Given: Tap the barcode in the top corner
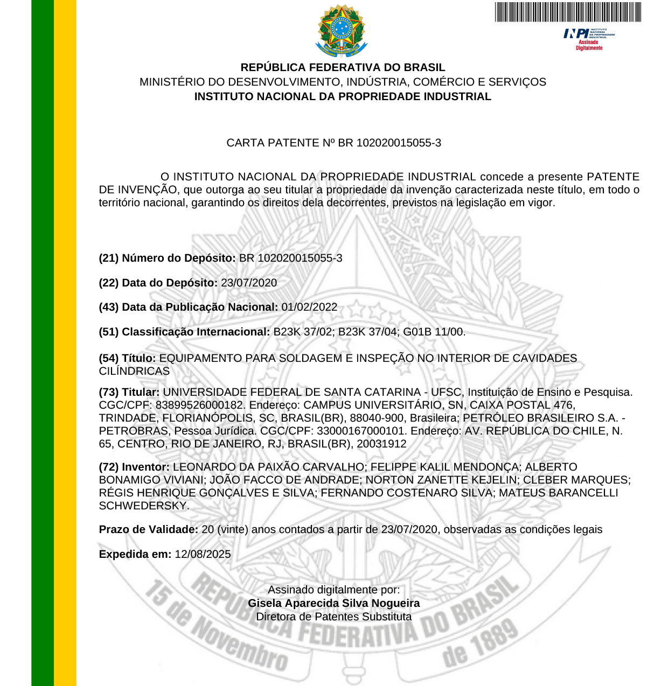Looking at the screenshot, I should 568,12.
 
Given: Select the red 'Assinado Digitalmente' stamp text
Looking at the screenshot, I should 589,45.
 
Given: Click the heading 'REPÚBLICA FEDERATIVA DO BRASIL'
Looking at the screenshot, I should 343,67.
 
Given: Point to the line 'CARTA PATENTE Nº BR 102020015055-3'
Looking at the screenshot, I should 333,143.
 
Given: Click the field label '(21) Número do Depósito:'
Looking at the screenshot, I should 167,258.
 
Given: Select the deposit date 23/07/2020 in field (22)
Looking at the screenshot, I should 249,283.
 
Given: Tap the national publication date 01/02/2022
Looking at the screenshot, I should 309,307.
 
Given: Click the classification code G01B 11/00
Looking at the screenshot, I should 434,332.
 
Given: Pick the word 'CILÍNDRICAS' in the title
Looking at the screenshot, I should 134,371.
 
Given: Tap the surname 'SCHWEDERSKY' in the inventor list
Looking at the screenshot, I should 143,506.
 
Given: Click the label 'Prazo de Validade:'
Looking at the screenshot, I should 149,529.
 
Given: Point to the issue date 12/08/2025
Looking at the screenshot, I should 203,554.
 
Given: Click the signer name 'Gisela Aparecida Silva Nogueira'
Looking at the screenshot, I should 333,603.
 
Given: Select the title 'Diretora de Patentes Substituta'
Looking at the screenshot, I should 333,617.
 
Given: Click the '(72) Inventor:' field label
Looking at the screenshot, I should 134,467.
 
